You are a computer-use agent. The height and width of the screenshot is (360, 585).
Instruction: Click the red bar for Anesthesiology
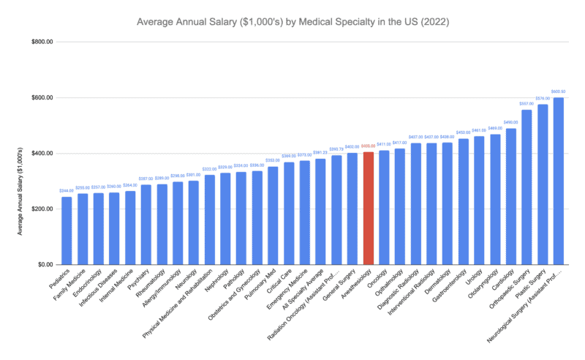(x=369, y=209)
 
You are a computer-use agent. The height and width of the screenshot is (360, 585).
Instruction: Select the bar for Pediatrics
(x=67, y=230)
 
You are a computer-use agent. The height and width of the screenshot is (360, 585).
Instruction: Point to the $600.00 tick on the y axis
(x=41, y=98)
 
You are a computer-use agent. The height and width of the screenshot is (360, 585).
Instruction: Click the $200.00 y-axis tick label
(x=41, y=209)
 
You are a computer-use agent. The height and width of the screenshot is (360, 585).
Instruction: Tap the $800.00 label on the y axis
(x=41, y=42)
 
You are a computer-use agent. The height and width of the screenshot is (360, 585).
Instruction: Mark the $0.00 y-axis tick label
(x=44, y=265)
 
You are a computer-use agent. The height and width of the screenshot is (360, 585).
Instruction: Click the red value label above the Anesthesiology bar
(x=369, y=147)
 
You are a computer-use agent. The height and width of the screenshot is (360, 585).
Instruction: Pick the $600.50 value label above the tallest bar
(x=559, y=91)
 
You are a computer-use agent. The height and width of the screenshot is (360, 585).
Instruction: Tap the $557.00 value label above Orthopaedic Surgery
(x=526, y=104)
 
